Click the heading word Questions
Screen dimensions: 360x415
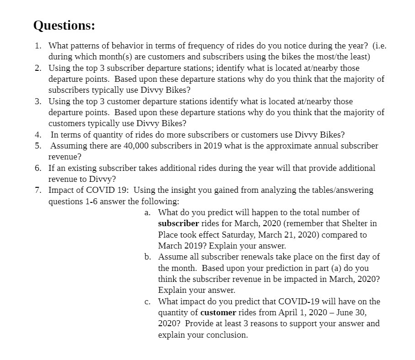64,26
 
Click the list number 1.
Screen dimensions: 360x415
38,46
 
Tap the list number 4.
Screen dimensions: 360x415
38,135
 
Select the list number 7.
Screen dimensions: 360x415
38,190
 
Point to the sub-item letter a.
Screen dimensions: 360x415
147,212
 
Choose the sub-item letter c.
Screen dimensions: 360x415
147,302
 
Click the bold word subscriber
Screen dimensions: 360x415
179,224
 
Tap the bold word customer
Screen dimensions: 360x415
218,313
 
